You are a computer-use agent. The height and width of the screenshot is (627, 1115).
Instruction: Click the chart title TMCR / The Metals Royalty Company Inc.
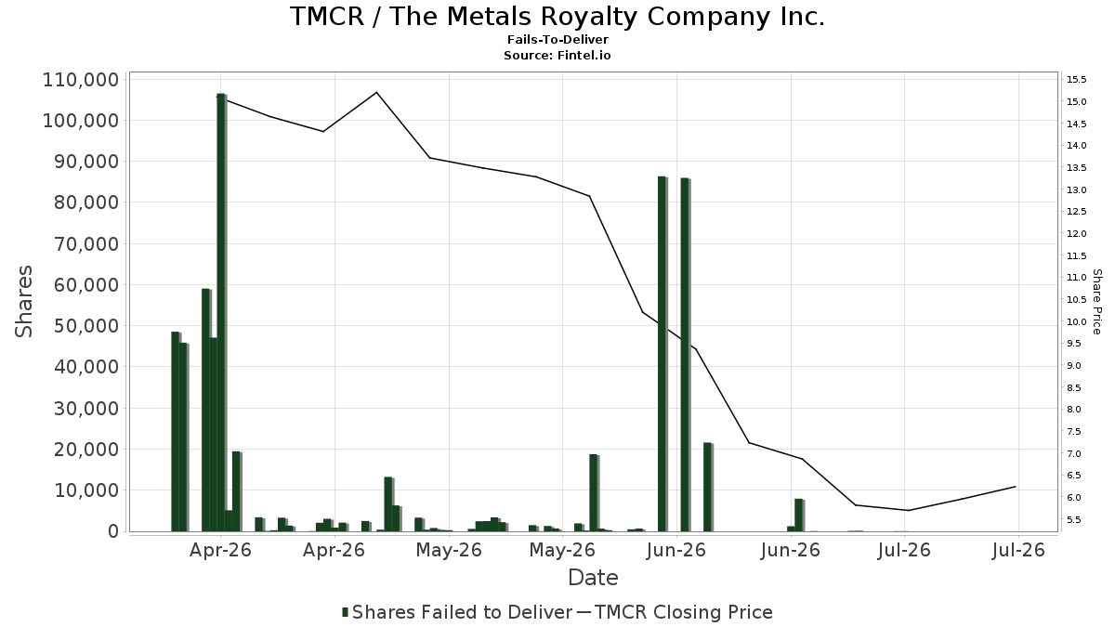(x=557, y=17)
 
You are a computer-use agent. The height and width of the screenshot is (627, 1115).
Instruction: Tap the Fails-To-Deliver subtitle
(x=557, y=39)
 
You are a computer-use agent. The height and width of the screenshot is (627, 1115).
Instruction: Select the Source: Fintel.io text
(x=557, y=55)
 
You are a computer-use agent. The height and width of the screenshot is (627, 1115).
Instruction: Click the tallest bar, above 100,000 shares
(x=221, y=312)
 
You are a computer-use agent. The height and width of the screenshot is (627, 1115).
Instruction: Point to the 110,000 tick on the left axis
(x=81, y=80)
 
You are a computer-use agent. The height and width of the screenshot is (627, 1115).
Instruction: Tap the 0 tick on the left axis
(x=113, y=531)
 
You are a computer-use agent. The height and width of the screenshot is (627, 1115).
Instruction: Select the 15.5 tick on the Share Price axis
(x=1076, y=80)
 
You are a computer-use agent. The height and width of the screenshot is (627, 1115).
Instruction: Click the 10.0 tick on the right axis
(x=1076, y=321)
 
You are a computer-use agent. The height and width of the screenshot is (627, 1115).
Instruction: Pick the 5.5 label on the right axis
(x=1076, y=519)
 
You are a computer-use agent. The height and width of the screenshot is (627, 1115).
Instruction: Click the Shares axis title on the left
(x=23, y=302)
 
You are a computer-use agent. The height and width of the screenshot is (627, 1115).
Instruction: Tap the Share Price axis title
(x=1096, y=302)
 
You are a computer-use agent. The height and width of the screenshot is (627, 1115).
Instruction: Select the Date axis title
(x=593, y=578)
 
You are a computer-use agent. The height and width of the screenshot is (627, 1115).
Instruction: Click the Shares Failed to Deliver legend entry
(x=457, y=612)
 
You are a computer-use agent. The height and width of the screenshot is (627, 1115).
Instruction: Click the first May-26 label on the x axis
(x=449, y=550)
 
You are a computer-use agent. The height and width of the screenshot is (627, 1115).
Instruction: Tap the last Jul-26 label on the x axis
(x=1018, y=550)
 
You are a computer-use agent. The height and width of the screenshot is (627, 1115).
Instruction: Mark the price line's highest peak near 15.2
(x=377, y=92)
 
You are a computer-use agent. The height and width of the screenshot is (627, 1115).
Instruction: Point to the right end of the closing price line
(x=1015, y=487)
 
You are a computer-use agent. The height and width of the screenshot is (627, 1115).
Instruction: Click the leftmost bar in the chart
(x=176, y=431)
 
